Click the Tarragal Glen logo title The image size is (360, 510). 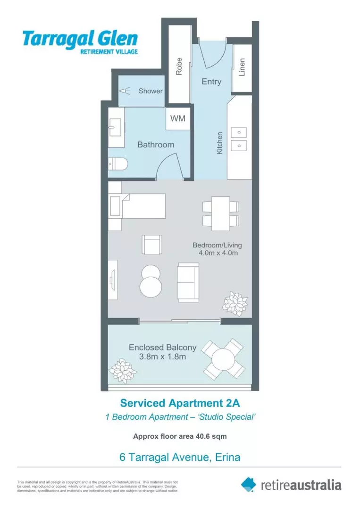pyautogui.click(x=80, y=38)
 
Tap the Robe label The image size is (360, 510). pyautogui.click(x=179, y=66)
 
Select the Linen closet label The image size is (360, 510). pyautogui.click(x=242, y=67)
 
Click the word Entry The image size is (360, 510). pyautogui.click(x=211, y=82)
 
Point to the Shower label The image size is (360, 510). pyautogui.click(x=150, y=91)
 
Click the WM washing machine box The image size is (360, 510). pyautogui.click(x=177, y=119)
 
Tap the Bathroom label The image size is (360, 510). pyautogui.click(x=156, y=144)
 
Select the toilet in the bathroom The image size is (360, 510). pyautogui.click(x=117, y=164)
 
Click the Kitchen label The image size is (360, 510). pyautogui.click(x=219, y=143)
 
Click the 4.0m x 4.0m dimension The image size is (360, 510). pyautogui.click(x=218, y=253)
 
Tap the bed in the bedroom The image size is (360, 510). pyautogui.click(x=137, y=206)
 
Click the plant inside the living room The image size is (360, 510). pyautogui.click(x=235, y=301)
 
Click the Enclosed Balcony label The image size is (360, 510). pyautogui.click(x=162, y=348)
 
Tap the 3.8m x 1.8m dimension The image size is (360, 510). pyautogui.click(x=162, y=357)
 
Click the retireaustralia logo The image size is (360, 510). pyautogui.click(x=291, y=484)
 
